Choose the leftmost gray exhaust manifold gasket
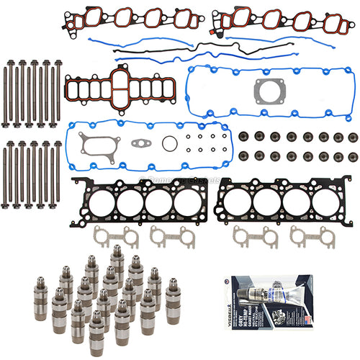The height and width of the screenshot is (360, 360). point(107,235)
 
